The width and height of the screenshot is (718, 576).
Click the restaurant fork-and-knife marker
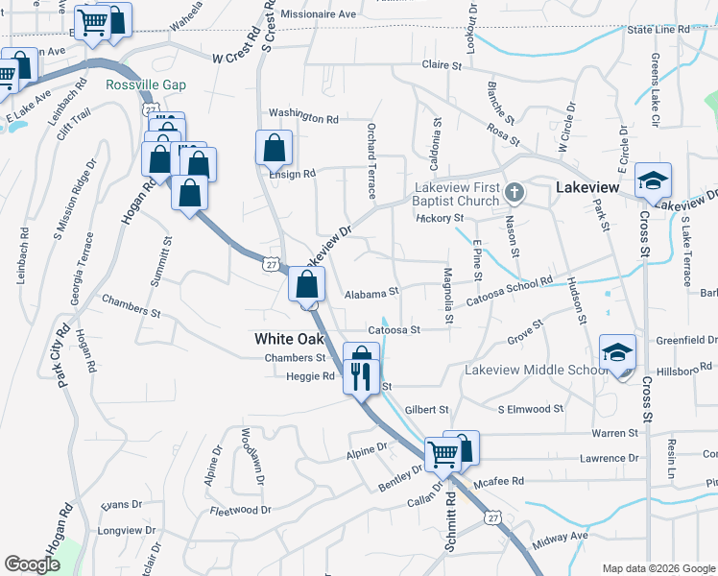click(361, 373)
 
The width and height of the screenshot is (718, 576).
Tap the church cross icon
click(514, 192)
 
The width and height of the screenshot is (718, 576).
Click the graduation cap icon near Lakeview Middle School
click(617, 353)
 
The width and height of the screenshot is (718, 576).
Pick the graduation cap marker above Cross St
click(653, 181)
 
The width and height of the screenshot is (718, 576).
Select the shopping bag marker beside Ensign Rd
click(274, 149)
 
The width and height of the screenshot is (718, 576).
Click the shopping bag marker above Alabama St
click(306, 285)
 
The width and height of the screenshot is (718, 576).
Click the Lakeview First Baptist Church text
click(457, 194)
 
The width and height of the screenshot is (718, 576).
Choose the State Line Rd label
click(658, 30)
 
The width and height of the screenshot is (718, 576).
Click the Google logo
click(32, 564)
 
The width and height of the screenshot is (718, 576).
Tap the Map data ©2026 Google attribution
click(658, 568)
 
